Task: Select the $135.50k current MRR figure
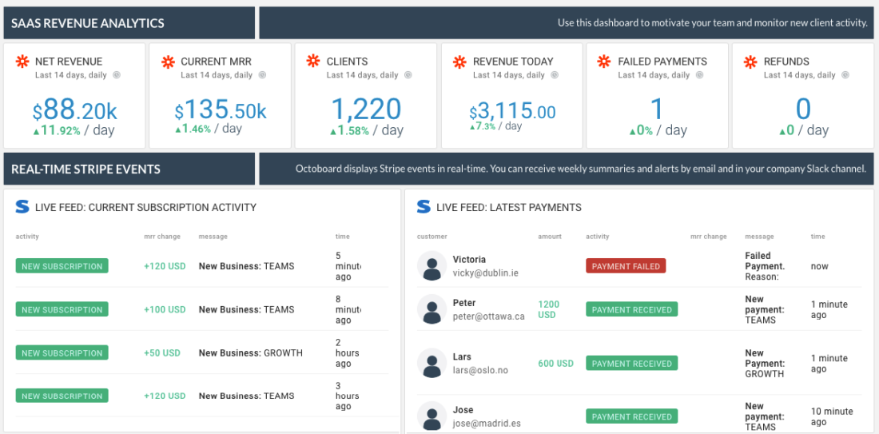[x=221, y=110]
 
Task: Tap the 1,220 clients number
[x=366, y=109]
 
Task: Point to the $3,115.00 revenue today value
[x=512, y=111]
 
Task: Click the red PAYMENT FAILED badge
[x=626, y=266]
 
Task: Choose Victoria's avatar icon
[x=432, y=266]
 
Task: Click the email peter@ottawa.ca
[x=488, y=316]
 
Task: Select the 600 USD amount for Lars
[x=555, y=364]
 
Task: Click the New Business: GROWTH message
[x=250, y=352]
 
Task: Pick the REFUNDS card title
[x=786, y=62]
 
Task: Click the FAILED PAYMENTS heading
[x=662, y=62]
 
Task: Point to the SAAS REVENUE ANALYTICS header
[x=88, y=23]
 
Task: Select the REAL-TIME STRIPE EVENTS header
[x=86, y=169]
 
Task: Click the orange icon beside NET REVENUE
[x=22, y=62]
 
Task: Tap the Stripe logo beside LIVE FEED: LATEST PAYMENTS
[x=424, y=207]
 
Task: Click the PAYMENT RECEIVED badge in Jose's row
[x=631, y=416]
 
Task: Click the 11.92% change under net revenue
[x=58, y=130]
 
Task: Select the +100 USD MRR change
[x=165, y=309]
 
